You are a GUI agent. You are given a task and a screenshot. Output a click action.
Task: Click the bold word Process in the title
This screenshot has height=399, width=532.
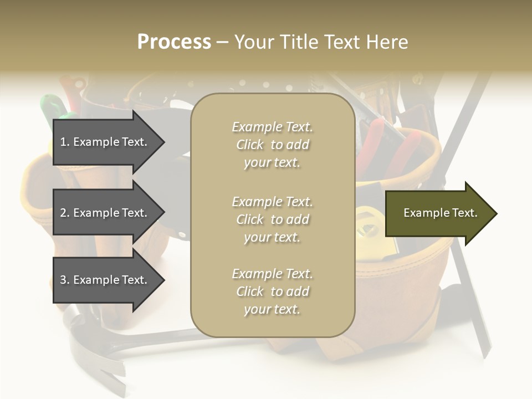coord(174,42)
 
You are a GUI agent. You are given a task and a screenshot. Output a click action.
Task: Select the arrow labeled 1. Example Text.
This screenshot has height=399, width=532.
coord(105,142)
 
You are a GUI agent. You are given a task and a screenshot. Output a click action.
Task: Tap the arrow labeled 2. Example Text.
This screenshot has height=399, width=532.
coord(105,213)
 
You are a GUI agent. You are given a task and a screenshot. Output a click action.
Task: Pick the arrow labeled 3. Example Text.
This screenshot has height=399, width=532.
coord(105,280)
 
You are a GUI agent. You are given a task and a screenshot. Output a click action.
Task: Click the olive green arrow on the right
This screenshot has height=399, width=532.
coord(438,213)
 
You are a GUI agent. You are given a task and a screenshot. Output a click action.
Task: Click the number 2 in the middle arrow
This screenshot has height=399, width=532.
coord(63,213)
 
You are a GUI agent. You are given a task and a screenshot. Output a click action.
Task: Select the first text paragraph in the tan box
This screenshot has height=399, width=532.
coord(272,145)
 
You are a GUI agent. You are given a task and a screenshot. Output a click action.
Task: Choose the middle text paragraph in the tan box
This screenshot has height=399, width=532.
coord(272,219)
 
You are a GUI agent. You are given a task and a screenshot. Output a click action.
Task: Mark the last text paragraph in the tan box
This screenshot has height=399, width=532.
coord(272,291)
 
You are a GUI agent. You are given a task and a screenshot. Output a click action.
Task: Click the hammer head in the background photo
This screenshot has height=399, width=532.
coord(83,332)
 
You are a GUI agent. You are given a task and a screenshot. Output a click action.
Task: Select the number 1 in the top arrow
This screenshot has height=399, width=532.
coord(63,142)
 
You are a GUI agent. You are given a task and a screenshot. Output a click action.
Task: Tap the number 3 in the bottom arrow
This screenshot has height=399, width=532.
coord(63,280)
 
